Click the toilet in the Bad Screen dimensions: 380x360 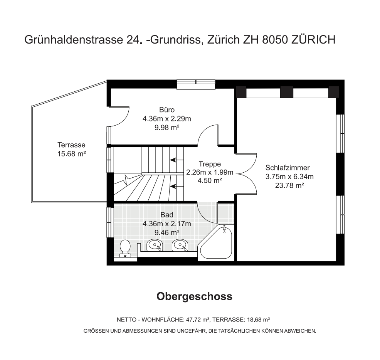[125, 248]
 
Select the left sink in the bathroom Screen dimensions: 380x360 [155, 245]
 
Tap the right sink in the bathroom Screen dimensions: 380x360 [180, 245]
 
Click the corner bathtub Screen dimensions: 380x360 [215, 242]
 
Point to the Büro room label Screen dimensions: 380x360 [167, 110]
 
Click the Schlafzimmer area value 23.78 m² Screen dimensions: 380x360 [289, 185]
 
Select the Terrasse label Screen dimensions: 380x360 [72, 145]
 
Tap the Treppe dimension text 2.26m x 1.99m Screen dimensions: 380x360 [210, 172]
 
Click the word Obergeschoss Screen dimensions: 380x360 [194, 296]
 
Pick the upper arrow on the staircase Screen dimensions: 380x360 [177, 160]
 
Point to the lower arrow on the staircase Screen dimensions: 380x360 [177, 186]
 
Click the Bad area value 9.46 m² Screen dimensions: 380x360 [167, 232]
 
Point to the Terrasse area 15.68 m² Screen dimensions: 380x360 [72, 154]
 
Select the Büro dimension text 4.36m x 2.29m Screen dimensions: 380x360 [167, 119]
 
